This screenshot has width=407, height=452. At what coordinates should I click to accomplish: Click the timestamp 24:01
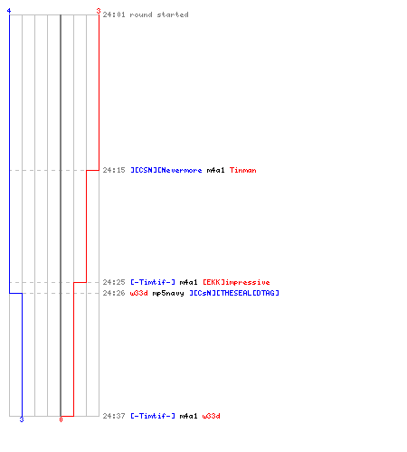point(114,14)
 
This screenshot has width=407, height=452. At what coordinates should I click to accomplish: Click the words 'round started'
point(159,14)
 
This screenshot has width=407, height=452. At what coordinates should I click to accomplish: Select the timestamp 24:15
point(114,170)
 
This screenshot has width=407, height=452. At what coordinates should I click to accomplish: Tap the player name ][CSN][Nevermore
point(166,170)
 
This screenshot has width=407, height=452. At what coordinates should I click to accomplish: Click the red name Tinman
point(243,170)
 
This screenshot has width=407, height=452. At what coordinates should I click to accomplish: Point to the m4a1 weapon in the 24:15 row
point(215,170)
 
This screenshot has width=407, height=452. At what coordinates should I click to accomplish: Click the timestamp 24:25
point(114,282)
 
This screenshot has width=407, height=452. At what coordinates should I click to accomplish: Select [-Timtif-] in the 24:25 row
point(153,282)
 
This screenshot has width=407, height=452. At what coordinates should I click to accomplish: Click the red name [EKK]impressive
point(236,282)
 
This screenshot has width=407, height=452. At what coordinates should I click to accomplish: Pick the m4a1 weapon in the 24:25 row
point(188,282)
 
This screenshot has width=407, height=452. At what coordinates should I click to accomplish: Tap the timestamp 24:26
point(114,293)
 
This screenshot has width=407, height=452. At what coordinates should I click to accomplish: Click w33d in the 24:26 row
point(138,293)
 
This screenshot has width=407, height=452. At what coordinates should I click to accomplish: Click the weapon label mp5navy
point(168,293)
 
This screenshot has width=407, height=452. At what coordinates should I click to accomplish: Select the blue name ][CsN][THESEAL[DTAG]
point(234,293)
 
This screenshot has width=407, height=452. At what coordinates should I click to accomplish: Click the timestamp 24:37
point(114,416)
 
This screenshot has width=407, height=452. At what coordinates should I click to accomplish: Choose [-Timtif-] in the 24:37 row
point(153,416)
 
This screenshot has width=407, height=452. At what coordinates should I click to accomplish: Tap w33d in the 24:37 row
point(211,416)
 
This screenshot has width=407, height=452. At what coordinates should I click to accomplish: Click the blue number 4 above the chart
point(9,11)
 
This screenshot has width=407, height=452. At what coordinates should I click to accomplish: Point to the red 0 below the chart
point(61,419)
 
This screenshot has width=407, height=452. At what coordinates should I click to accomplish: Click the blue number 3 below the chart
point(22,419)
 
